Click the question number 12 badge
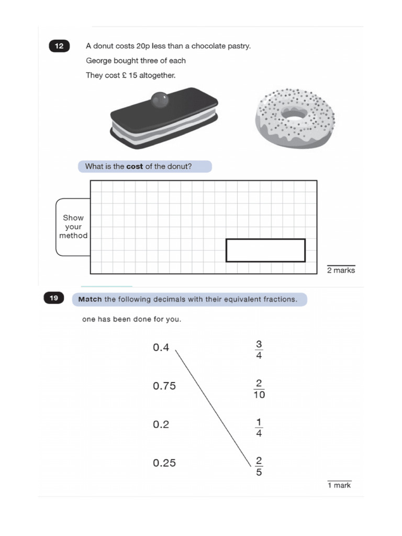[x=59, y=46]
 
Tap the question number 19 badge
[x=54, y=298]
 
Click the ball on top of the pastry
[x=159, y=99]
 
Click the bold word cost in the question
[x=135, y=167]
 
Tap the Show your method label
[x=73, y=227]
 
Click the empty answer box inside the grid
[x=265, y=250]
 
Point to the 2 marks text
[x=341, y=271]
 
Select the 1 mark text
[x=339, y=486]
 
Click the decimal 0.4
[x=161, y=348]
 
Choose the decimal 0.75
[x=164, y=386]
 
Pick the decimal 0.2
[x=161, y=425]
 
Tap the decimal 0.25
[x=164, y=463]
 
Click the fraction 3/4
[x=259, y=350]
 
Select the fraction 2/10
[x=259, y=389]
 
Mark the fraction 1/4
[x=259, y=428]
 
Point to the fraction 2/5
[x=259, y=466]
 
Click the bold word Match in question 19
[x=90, y=299]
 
